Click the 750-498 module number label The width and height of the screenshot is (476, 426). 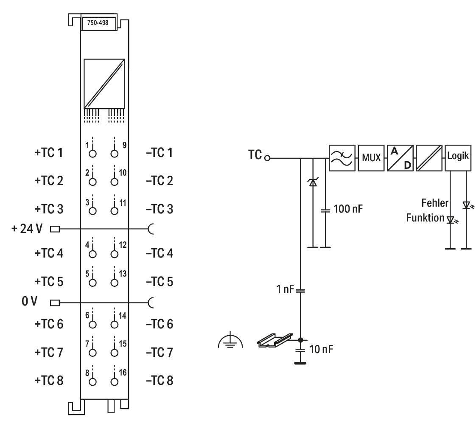pos(98,23)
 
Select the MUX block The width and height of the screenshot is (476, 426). pos(371,158)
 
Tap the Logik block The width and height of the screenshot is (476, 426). pos(458,158)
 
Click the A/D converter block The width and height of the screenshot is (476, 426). pos(400,158)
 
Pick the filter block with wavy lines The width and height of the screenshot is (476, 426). pos(342,158)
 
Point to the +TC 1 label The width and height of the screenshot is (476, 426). pos(49,152)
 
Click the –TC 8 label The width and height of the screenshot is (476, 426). pos(160,380)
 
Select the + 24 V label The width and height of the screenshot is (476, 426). pos(27,229)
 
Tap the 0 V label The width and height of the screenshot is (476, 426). pos(29,301)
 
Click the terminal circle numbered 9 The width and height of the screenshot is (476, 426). pos(115,154)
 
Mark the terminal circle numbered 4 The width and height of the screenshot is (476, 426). pos(92,254)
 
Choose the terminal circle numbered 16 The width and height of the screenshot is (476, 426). pos(115,382)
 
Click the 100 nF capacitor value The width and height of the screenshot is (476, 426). pos(348,209)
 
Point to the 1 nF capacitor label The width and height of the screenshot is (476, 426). pos(285,289)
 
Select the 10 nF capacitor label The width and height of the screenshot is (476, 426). pos(321,349)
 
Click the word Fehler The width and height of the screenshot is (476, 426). pos(435,203)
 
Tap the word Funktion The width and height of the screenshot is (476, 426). pos(426,218)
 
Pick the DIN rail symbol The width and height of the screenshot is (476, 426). pos(275,340)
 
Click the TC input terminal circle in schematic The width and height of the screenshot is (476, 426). pos(267,158)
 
